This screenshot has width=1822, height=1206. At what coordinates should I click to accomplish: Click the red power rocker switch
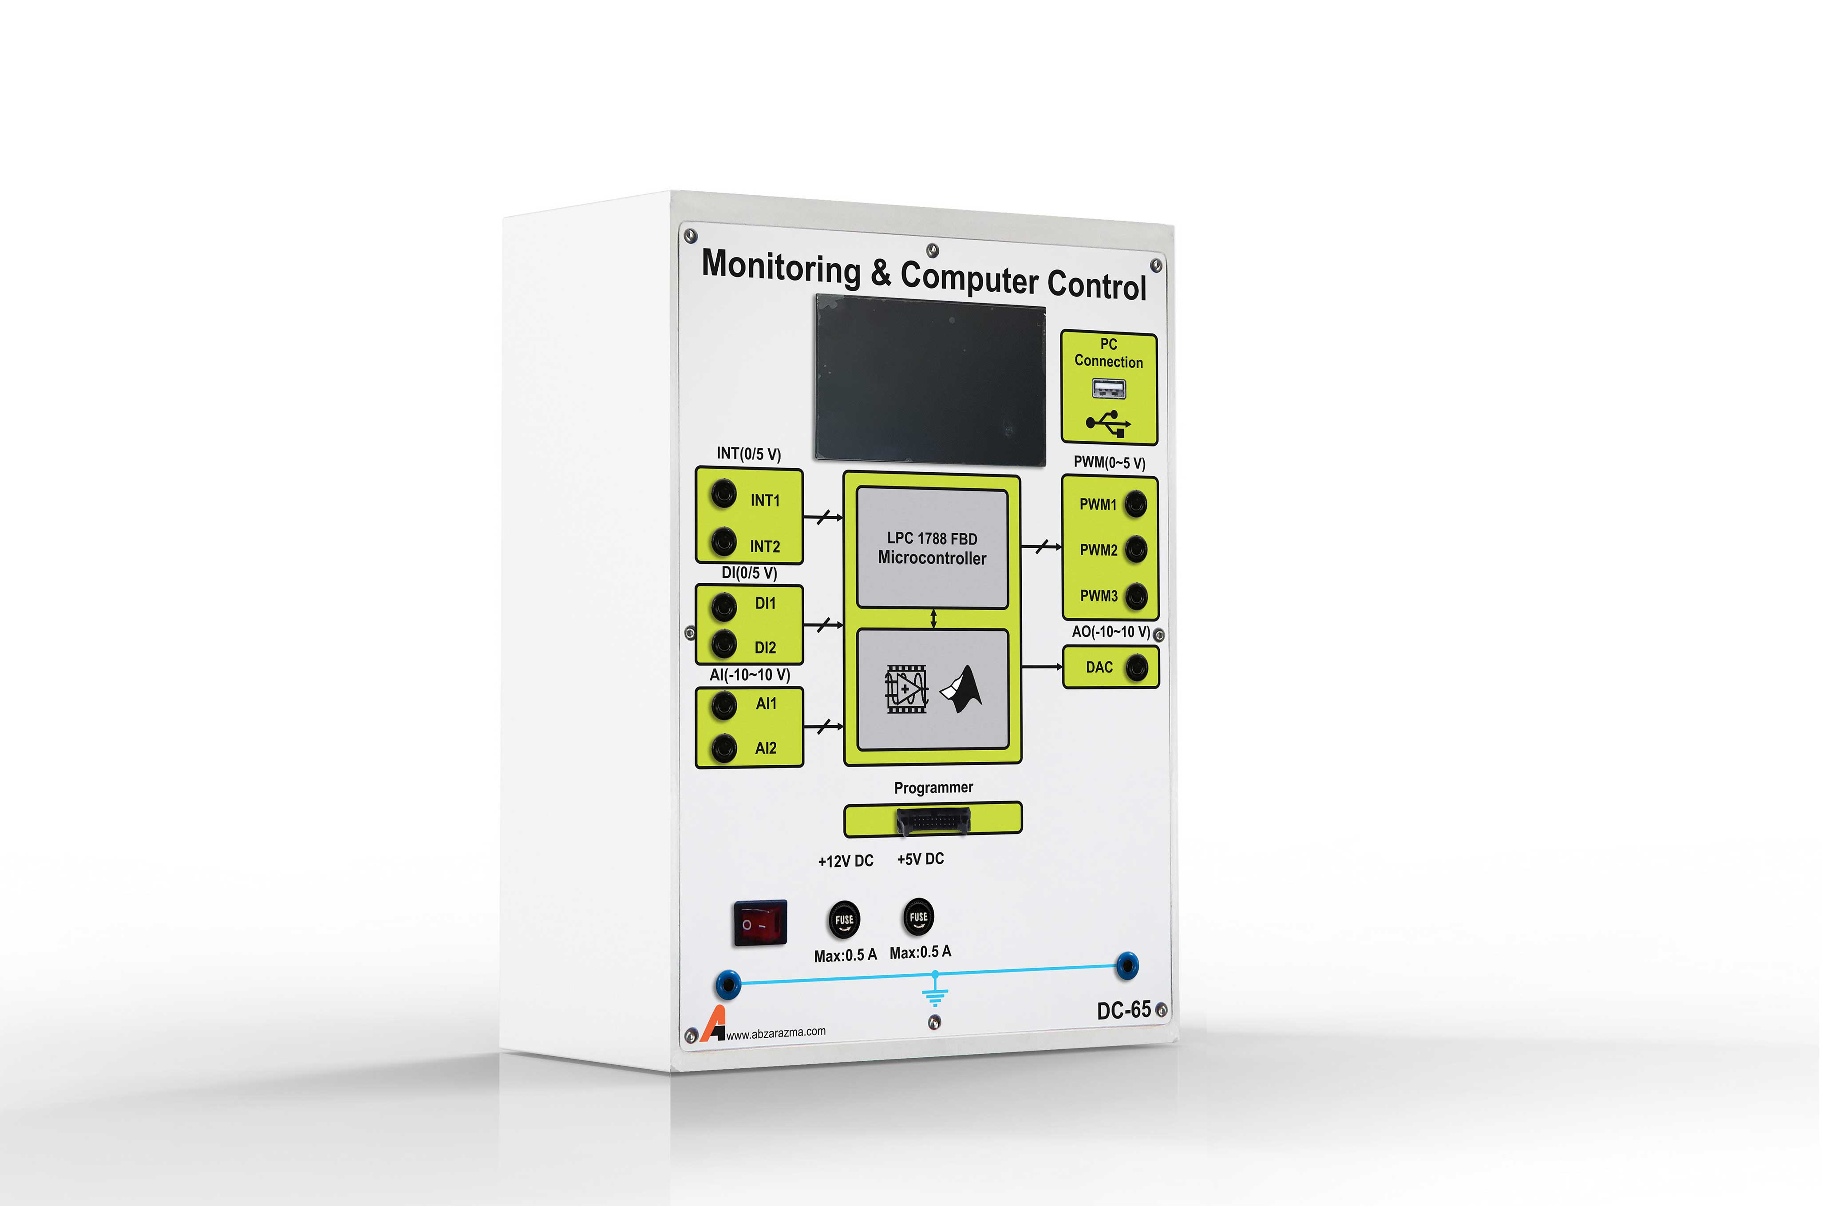(x=760, y=922)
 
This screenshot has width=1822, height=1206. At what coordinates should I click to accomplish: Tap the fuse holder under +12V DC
(x=844, y=919)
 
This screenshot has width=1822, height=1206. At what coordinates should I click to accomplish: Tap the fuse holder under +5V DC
(x=918, y=916)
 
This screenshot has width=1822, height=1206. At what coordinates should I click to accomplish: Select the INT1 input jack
(x=723, y=494)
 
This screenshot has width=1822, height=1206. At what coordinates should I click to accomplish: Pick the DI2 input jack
(x=723, y=644)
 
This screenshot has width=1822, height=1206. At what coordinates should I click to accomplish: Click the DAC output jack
(x=1137, y=667)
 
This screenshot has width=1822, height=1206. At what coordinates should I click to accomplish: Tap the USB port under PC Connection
(x=1108, y=389)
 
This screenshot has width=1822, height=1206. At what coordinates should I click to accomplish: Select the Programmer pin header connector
(x=933, y=821)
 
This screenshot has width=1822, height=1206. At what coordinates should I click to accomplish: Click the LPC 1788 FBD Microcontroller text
(x=932, y=548)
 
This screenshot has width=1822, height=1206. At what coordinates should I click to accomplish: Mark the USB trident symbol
(x=1108, y=423)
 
